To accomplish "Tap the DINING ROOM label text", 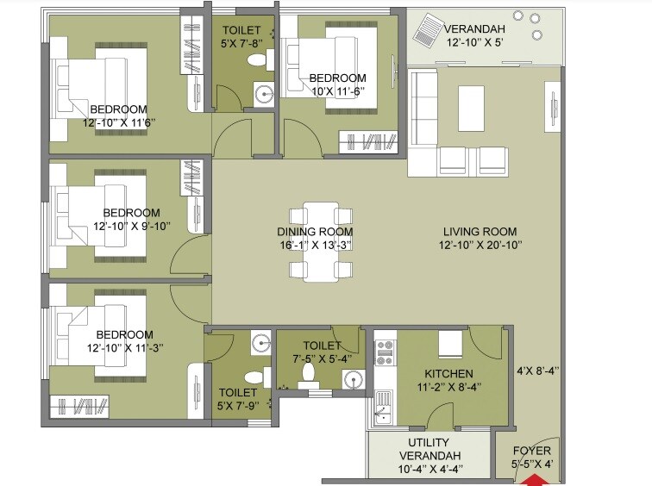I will (x=315, y=232).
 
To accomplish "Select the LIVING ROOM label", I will (x=480, y=231).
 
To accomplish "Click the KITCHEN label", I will (x=448, y=374).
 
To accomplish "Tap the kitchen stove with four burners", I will (x=384, y=351).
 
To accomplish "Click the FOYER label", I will (x=532, y=451).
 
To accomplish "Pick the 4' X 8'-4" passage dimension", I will (x=538, y=371).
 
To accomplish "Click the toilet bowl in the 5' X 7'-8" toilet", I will (x=255, y=60).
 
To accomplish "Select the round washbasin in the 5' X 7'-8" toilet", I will (x=261, y=92).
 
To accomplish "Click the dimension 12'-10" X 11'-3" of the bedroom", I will (x=125, y=346).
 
